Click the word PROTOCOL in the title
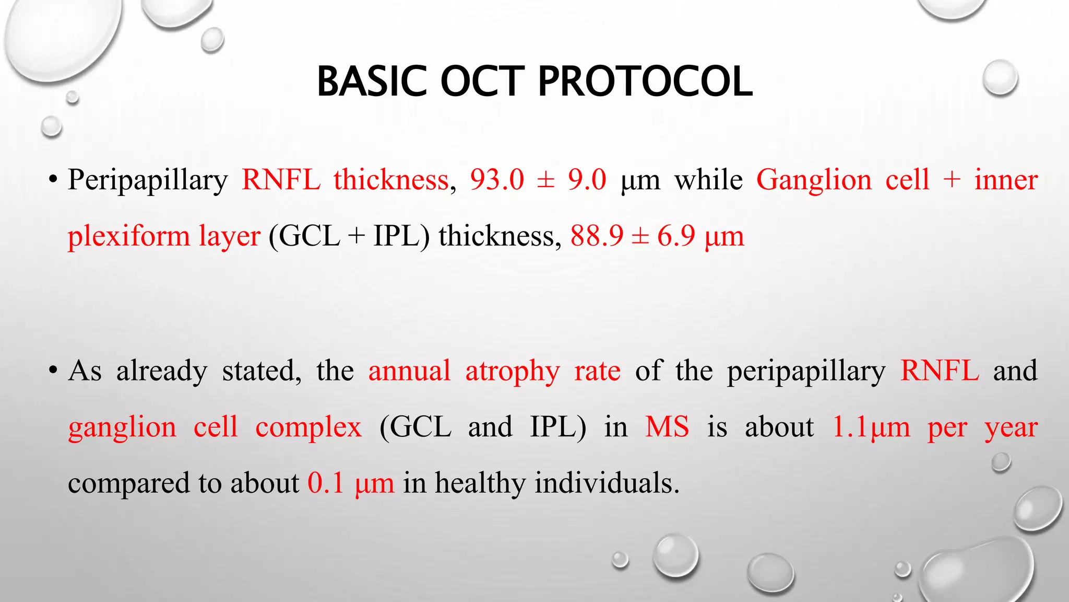point(645,82)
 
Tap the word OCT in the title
point(482,82)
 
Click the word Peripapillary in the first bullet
point(148,180)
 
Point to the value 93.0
point(497,180)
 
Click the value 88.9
point(597,236)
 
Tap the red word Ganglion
point(814,180)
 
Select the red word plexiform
point(128,236)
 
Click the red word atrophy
point(512,371)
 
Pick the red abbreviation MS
point(667,427)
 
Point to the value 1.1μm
point(871,427)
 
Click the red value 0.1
point(326,482)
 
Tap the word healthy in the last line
point(480,482)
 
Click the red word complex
point(308,427)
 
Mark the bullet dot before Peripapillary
point(52,180)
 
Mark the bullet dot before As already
point(52,372)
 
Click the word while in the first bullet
point(708,180)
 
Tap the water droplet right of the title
point(1000,78)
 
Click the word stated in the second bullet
point(261,371)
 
